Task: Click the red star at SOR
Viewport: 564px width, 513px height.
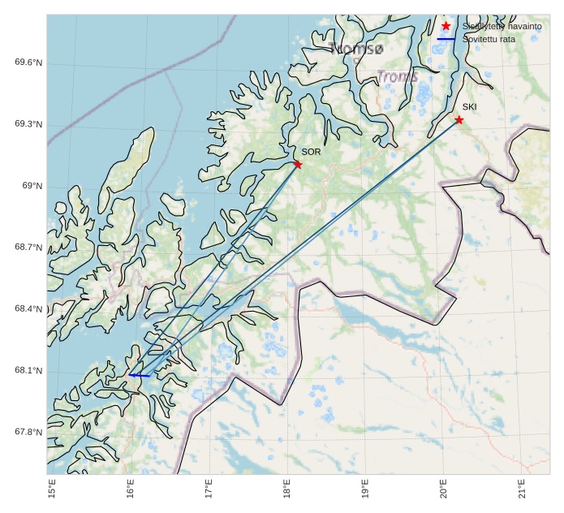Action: point(298,165)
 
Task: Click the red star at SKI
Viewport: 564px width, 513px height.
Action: point(459,120)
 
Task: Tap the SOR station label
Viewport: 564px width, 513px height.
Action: point(311,152)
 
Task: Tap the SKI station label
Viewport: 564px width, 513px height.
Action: point(470,106)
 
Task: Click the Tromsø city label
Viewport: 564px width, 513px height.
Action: point(356,50)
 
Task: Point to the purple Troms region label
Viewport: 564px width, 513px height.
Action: point(397,77)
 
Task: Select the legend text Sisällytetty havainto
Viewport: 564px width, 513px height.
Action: point(502,27)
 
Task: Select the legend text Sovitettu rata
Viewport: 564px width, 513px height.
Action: point(489,39)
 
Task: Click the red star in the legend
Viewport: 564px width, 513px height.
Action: point(446,27)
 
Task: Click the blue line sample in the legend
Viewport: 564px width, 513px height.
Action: point(446,39)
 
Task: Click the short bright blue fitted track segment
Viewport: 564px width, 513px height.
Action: point(140,376)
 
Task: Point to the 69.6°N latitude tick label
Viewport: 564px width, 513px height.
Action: point(28,63)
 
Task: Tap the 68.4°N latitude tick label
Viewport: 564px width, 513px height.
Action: point(28,309)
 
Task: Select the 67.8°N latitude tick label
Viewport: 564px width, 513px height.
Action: point(28,433)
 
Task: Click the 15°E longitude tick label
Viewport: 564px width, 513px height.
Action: point(52,490)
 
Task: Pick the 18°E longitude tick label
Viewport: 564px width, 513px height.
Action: point(286,490)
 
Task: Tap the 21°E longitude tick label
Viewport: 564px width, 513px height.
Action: point(521,490)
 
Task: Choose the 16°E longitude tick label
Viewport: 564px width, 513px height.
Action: point(130,490)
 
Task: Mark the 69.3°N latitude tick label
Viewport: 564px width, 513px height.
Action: point(28,124)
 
